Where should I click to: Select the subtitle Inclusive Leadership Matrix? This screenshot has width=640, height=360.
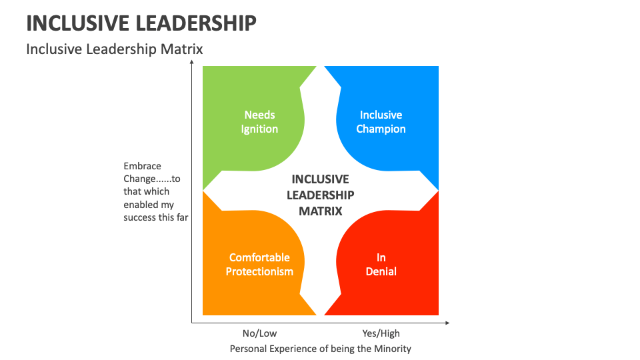[114, 49]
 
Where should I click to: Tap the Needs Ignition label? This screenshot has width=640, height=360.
[259, 122]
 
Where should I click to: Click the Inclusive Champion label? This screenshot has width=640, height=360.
[381, 122]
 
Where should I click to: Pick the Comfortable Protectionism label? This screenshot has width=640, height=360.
[259, 265]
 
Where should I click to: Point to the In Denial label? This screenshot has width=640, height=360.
[381, 265]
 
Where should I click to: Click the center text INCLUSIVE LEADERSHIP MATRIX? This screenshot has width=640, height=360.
[320, 195]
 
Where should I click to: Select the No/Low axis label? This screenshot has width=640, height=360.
[259, 333]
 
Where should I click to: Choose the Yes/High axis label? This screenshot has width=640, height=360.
[381, 333]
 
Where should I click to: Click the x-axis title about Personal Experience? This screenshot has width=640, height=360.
[320, 349]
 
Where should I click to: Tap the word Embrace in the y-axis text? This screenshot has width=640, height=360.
[142, 166]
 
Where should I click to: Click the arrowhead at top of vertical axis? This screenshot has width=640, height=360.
[192, 63]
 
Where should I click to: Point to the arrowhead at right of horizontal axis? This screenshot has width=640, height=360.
[447, 323]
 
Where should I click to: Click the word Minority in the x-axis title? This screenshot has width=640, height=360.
[393, 349]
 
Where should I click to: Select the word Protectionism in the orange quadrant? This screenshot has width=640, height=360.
[259, 271]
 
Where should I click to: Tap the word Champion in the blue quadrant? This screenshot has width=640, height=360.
[381, 129]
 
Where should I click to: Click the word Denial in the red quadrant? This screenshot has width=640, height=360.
[381, 271]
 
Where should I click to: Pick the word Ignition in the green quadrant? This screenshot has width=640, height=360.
[259, 129]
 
